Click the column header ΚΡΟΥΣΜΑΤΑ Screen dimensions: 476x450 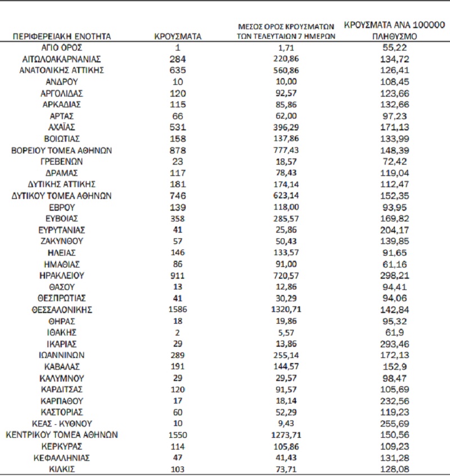click(177, 37)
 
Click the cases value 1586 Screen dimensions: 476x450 click(177, 310)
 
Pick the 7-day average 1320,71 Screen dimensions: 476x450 click(287, 310)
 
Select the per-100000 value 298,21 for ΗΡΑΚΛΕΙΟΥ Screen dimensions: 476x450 click(394, 275)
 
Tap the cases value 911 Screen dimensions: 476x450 click(177, 275)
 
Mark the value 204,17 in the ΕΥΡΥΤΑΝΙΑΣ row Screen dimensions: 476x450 click(394, 230)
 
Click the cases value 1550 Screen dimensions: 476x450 click(177, 435)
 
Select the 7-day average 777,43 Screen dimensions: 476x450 click(287, 151)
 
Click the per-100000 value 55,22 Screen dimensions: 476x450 click(394, 48)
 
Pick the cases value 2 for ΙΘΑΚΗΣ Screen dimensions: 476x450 click(177, 332)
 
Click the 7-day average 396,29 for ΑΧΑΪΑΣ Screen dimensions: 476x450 click(287, 128)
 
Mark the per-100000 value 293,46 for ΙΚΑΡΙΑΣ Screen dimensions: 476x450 click(394, 343)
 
